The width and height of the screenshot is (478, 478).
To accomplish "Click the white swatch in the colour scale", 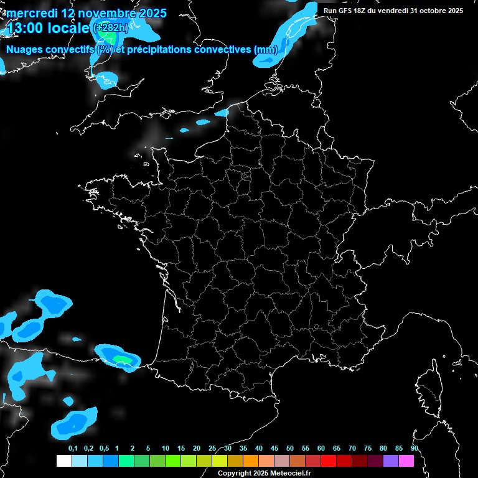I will click(x=63, y=461).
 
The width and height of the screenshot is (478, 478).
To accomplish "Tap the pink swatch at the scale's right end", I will click(x=406, y=461).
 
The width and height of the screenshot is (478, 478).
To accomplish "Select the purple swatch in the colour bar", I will click(x=391, y=461).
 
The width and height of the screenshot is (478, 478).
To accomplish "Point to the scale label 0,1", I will click(x=73, y=449).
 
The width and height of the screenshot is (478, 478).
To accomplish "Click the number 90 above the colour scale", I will click(x=415, y=449).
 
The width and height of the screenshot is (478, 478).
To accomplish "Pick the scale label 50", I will click(x=290, y=449).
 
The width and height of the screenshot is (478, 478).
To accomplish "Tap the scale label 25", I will click(x=212, y=449).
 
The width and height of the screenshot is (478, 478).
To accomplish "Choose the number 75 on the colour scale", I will click(x=368, y=449).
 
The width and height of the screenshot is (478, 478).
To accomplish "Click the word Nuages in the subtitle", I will click(x=24, y=49).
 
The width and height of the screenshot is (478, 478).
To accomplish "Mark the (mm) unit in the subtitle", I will click(x=265, y=49).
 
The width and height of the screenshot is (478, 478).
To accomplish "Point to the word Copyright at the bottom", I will click(x=233, y=474).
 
